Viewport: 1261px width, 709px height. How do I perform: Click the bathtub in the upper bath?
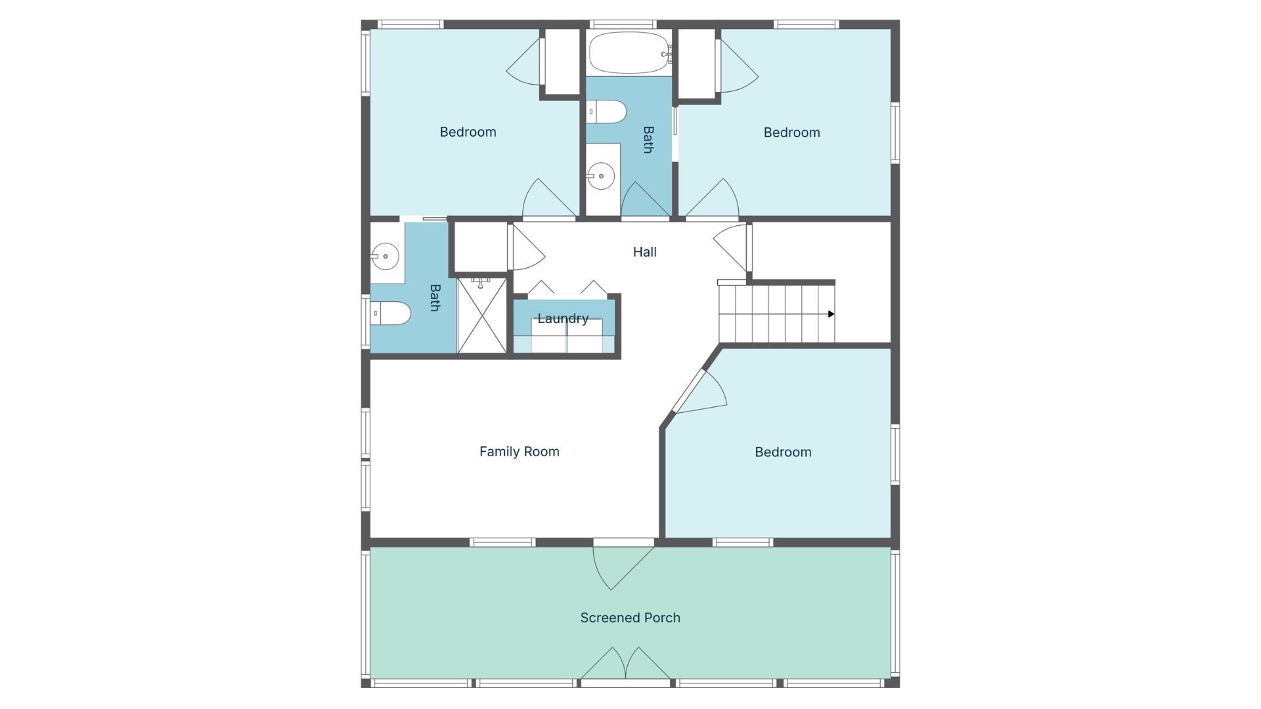point(629,53)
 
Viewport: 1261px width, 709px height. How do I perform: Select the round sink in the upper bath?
point(600,176)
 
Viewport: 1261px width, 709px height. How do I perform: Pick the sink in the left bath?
point(385,256)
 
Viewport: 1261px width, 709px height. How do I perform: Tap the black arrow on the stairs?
point(831,314)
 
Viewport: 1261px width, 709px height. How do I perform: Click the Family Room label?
point(519,452)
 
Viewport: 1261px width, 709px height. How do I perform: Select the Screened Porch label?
point(630,618)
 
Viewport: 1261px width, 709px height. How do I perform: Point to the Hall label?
point(644,252)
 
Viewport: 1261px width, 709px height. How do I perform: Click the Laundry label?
point(563,319)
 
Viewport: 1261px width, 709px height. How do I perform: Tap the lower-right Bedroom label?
point(783,452)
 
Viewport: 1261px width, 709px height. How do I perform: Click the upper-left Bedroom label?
point(468,132)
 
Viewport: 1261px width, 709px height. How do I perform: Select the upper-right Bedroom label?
point(791,133)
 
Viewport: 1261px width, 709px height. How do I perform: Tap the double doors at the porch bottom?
point(625,664)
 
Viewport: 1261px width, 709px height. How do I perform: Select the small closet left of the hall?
point(481,247)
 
